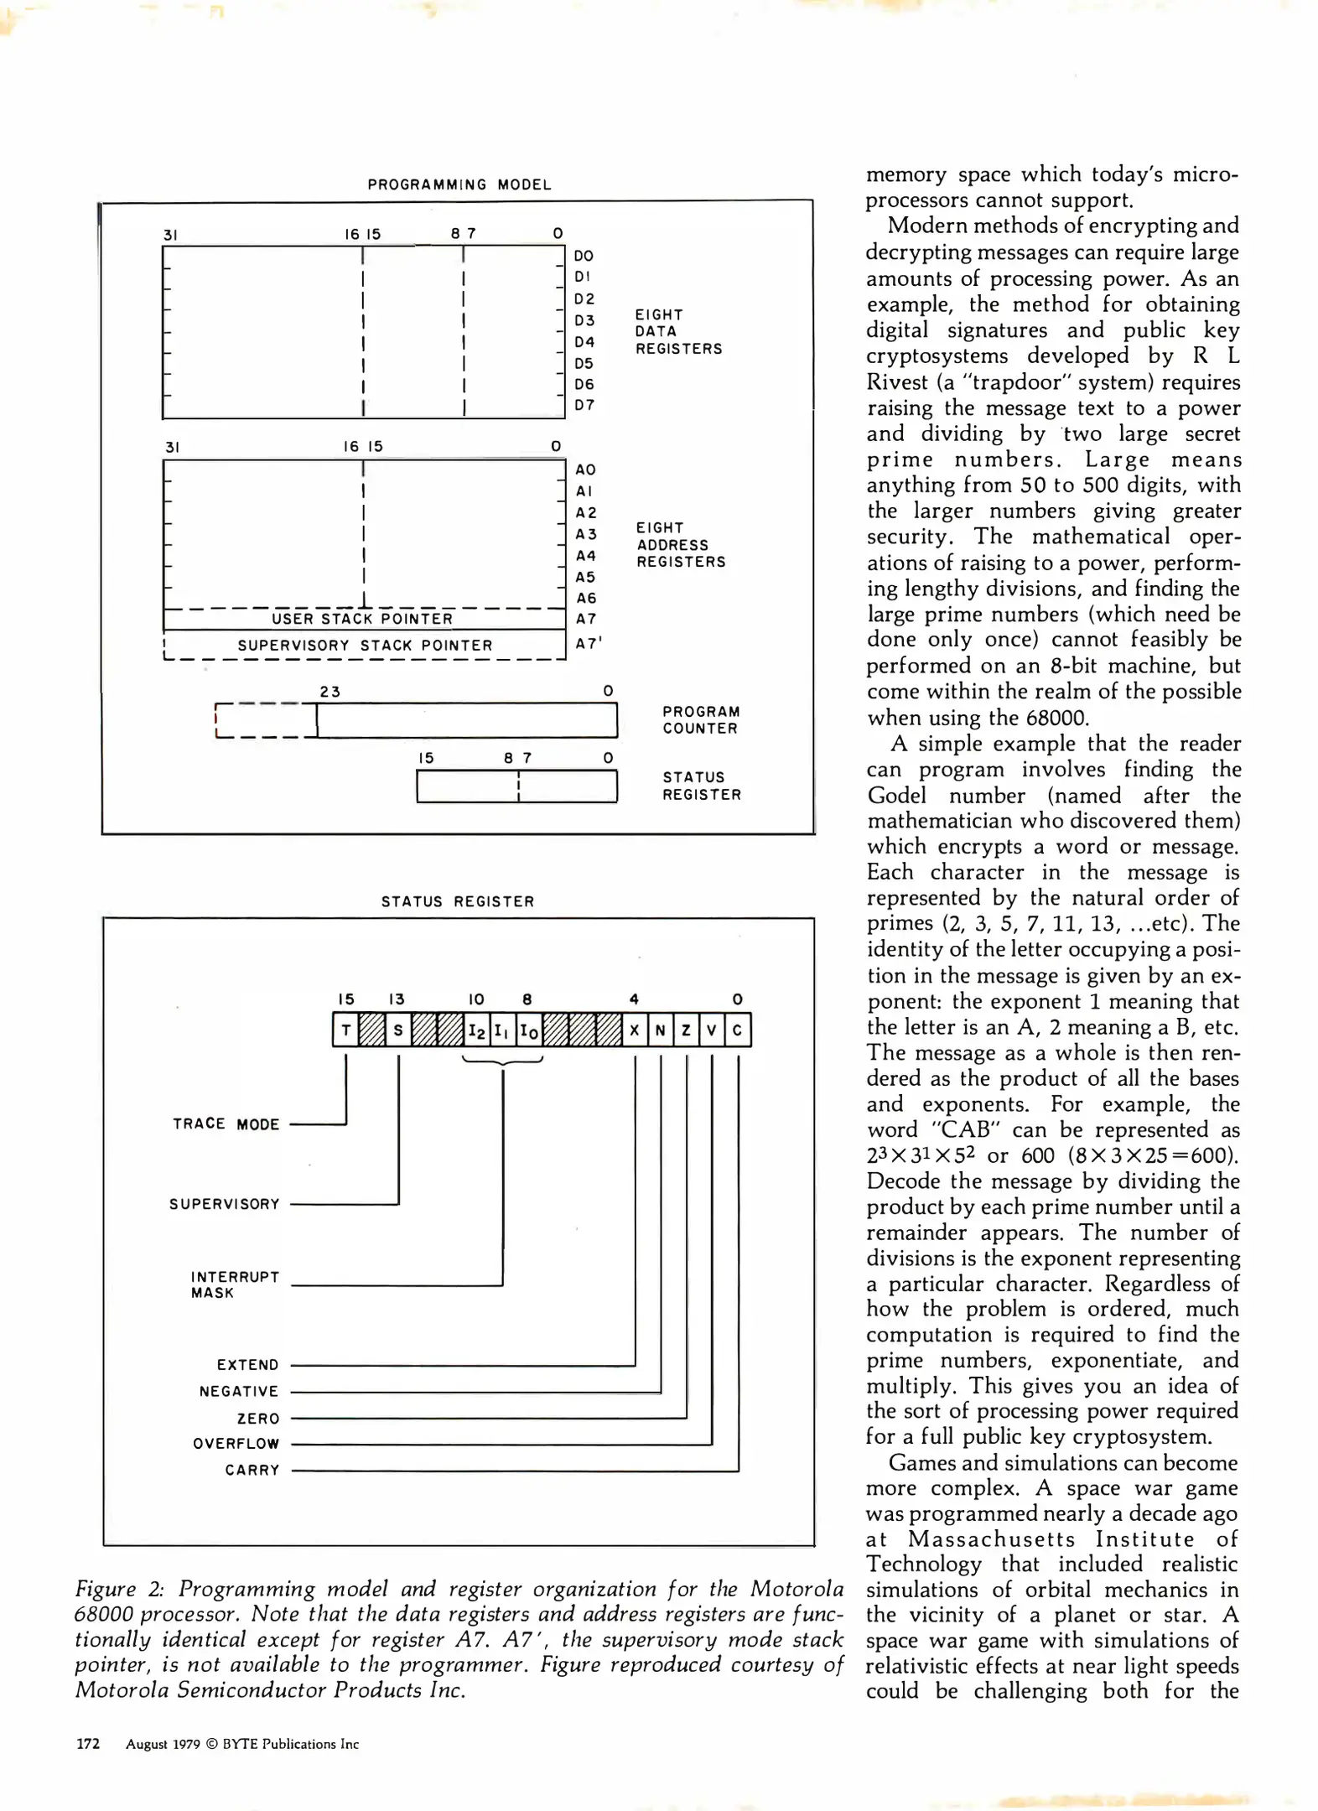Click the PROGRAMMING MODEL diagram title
(459, 184)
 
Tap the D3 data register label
(584, 320)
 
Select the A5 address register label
(585, 577)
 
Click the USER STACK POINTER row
(362, 619)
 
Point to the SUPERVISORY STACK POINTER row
(365, 645)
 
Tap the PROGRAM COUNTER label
(701, 719)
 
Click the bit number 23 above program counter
(330, 692)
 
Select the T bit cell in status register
(345, 1030)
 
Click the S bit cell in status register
(398, 1030)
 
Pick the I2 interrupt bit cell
(476, 1030)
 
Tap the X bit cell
(635, 1030)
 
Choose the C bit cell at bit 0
(737, 1030)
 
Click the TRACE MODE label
(226, 1123)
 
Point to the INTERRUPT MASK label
(234, 1284)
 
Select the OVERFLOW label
(236, 1443)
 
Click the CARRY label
(252, 1470)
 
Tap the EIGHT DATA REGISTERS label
(677, 331)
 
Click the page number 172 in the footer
(88, 1744)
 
